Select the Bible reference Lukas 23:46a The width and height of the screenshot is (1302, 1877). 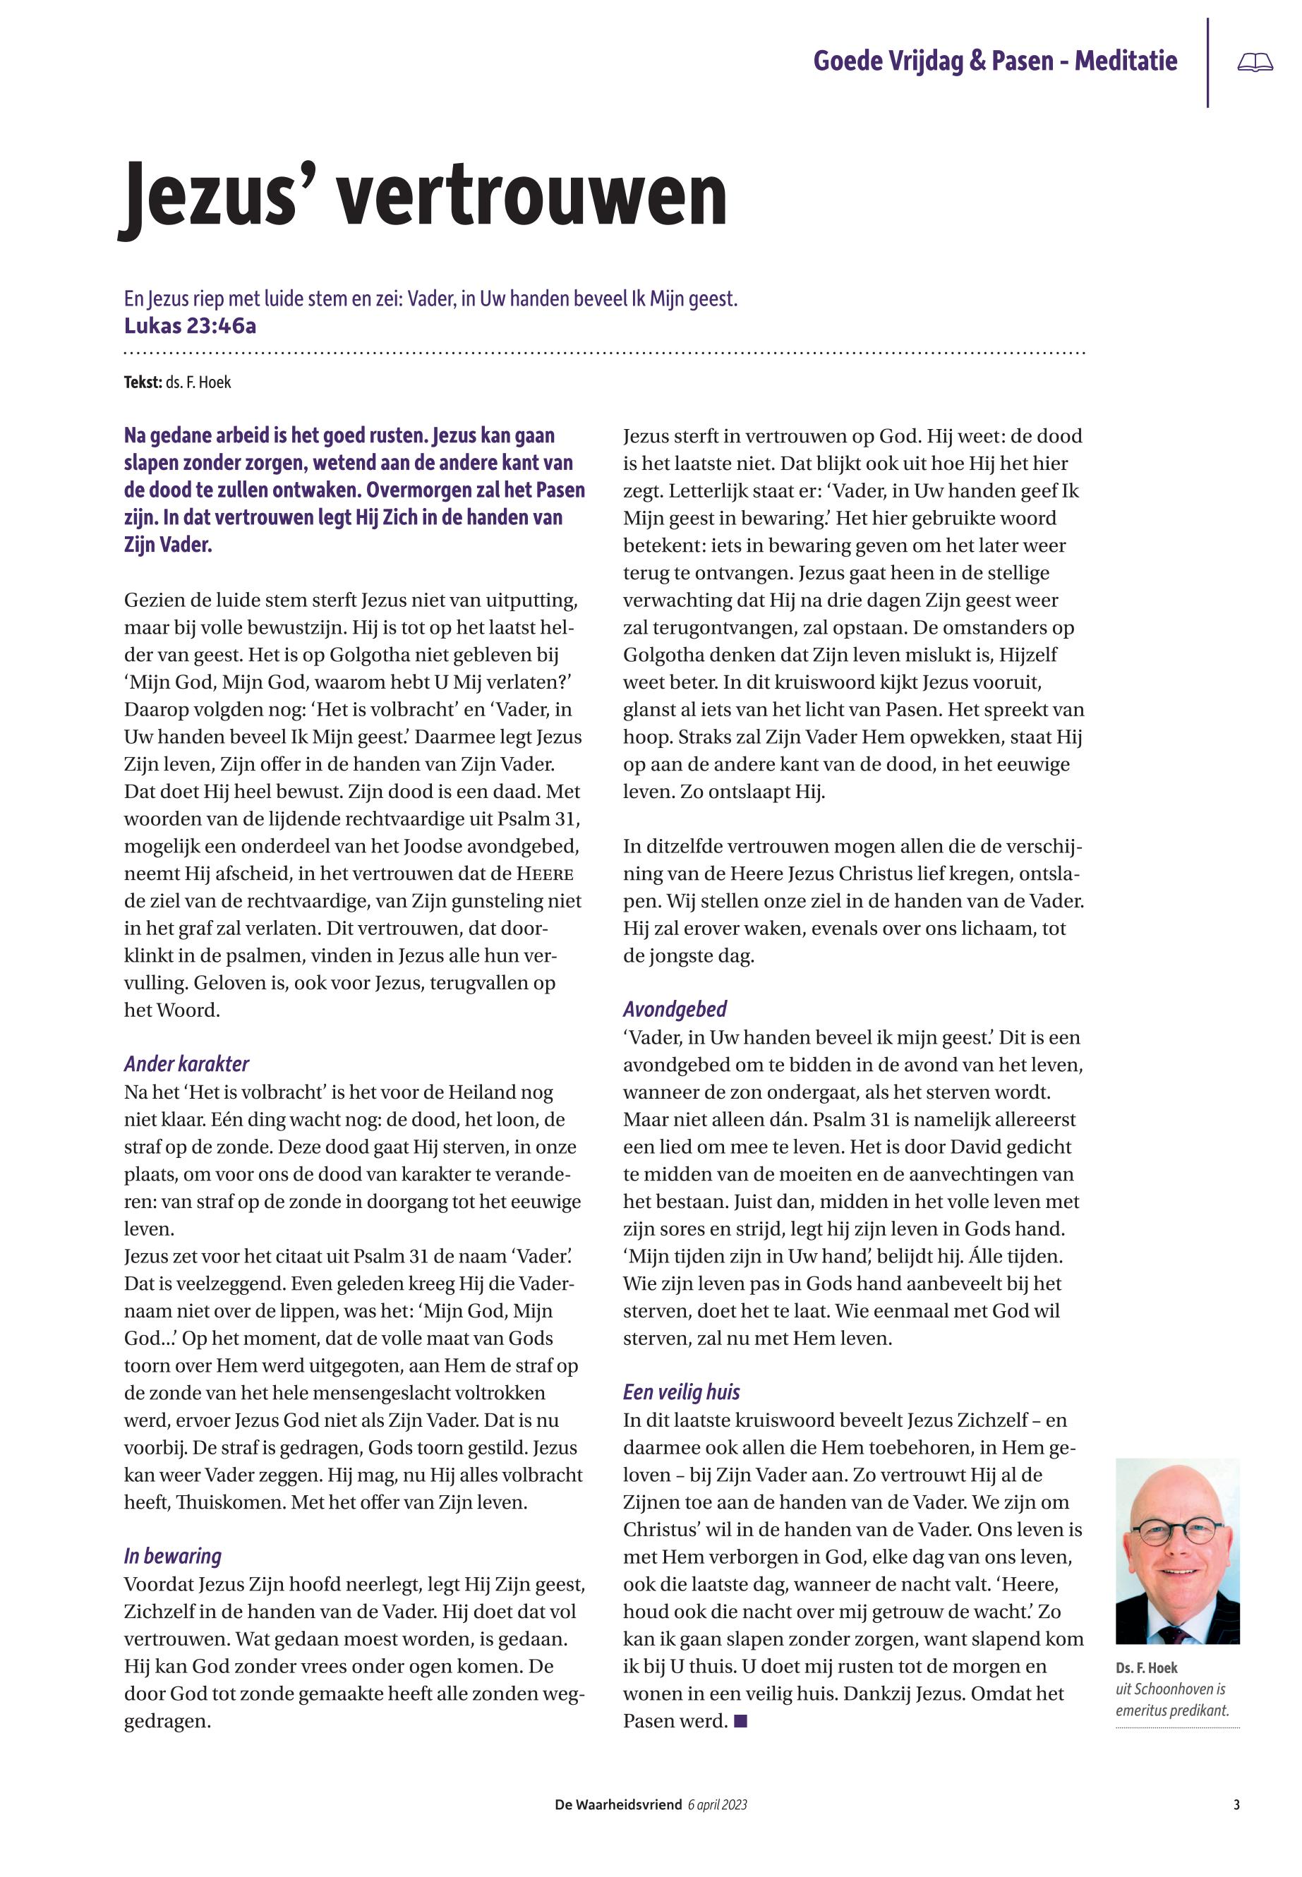pos(190,326)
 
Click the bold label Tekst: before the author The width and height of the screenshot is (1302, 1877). pos(143,382)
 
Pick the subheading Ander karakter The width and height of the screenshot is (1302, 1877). pos(186,1063)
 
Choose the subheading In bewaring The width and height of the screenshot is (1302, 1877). pos(172,1557)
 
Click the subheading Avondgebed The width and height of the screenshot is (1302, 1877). pos(675,1009)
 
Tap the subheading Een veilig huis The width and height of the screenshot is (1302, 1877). pos(681,1392)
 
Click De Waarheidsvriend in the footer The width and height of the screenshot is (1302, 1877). pos(617,1805)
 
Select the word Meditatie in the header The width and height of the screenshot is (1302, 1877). pos(1126,61)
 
